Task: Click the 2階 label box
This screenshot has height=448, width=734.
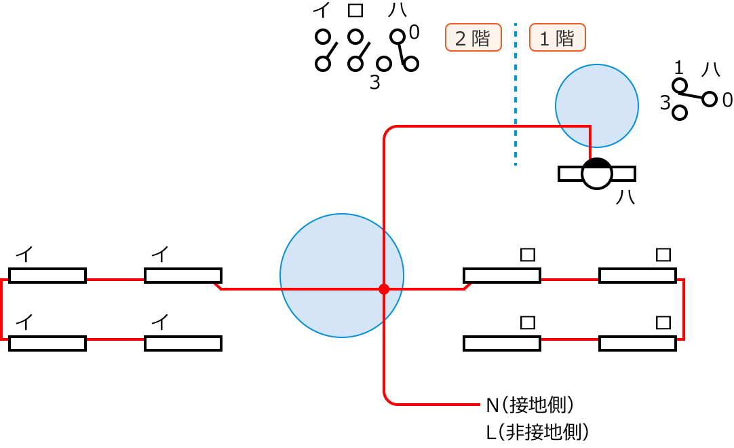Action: pyautogui.click(x=473, y=38)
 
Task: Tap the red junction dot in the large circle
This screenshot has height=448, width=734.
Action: pyautogui.click(x=384, y=289)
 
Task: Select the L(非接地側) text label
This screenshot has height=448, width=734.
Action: pyautogui.click(x=536, y=432)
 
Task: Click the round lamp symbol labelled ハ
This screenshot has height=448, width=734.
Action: pyautogui.click(x=597, y=174)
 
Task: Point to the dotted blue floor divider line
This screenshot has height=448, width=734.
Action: pyautogui.click(x=516, y=95)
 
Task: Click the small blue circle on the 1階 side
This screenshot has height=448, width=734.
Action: pyautogui.click(x=596, y=106)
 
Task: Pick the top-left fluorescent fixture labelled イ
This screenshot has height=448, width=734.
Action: pyautogui.click(x=47, y=276)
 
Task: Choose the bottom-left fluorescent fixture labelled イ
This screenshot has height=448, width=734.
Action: pyautogui.click(x=47, y=343)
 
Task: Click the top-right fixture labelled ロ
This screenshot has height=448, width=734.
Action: pyautogui.click(x=638, y=276)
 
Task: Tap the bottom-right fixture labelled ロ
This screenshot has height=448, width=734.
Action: pyautogui.click(x=638, y=343)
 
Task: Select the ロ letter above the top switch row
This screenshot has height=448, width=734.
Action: pyautogui.click(x=355, y=11)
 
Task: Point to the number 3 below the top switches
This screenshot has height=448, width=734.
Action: pyautogui.click(x=374, y=83)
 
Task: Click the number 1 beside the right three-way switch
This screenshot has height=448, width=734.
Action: pyautogui.click(x=678, y=67)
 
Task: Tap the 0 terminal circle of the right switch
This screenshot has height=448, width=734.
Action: pyautogui.click(x=710, y=99)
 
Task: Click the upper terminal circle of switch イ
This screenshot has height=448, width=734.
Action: pyautogui.click(x=323, y=36)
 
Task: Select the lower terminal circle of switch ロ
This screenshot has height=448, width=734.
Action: pyautogui.click(x=355, y=64)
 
